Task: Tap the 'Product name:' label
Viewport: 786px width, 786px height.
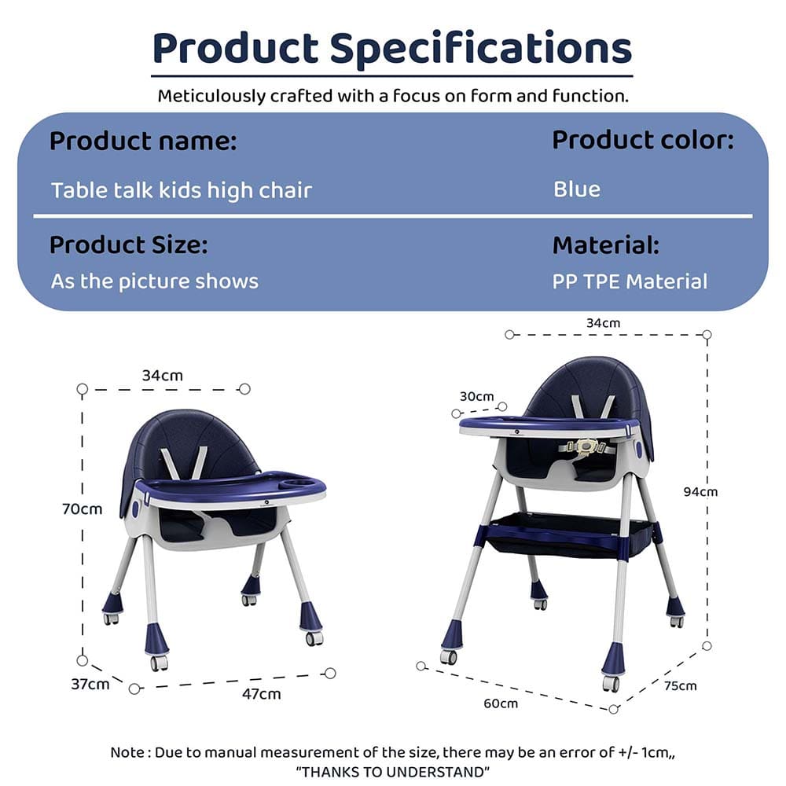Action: [x=143, y=142]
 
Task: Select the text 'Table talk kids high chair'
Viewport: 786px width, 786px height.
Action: [x=182, y=190]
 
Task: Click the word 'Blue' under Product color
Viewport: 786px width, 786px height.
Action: [x=577, y=189]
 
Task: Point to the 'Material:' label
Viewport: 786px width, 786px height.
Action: [x=606, y=245]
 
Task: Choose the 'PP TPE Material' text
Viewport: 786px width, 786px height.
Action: [x=630, y=281]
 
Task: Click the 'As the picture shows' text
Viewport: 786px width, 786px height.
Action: [x=155, y=281]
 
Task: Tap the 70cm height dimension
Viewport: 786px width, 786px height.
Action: [x=83, y=509]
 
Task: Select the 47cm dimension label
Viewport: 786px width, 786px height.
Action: [x=261, y=694]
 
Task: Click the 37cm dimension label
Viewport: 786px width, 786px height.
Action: [x=90, y=684]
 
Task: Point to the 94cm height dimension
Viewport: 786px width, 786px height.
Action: [x=699, y=492]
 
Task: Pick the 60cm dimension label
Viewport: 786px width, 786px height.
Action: [x=501, y=703]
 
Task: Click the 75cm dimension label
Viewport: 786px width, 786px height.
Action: [x=680, y=685]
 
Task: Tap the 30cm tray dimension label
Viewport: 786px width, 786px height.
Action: [x=477, y=396]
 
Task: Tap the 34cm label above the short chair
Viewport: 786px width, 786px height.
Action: [x=162, y=376]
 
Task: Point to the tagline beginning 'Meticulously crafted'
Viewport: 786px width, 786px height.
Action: [x=393, y=97]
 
